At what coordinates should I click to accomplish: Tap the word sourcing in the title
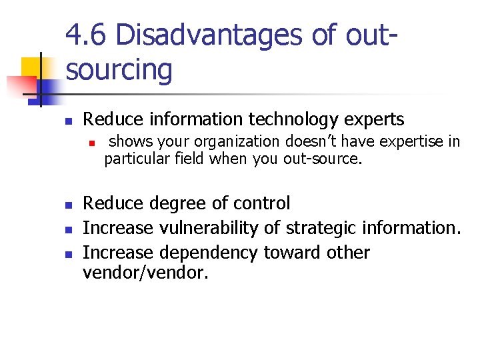click(x=119, y=69)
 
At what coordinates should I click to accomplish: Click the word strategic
click(x=319, y=228)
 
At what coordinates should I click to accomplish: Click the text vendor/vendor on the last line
click(x=146, y=271)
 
